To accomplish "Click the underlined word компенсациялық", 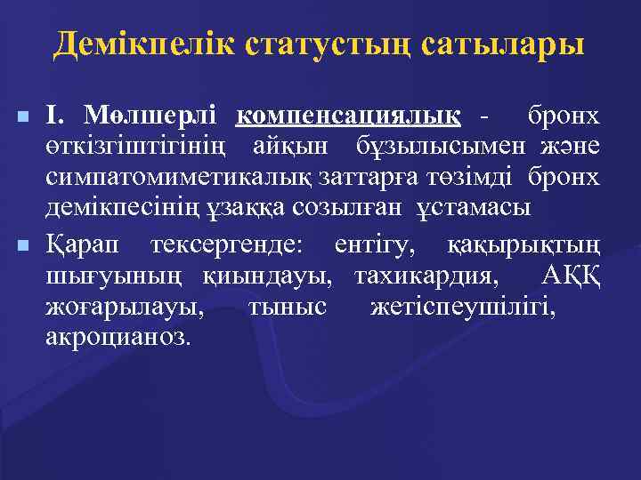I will pyautogui.click(x=349, y=116).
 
